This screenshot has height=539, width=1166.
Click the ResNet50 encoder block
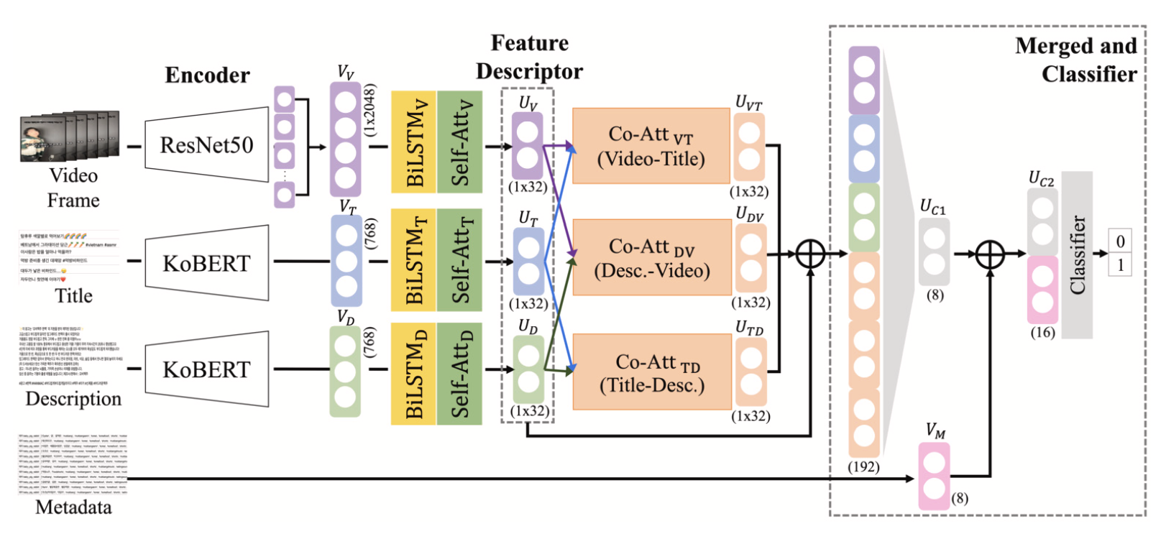tap(206, 145)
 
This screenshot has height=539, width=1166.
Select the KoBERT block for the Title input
tap(206, 263)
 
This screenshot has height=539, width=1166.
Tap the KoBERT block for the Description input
tap(206, 369)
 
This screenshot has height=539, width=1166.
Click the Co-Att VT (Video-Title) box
tap(651, 146)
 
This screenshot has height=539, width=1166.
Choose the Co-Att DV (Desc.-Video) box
tap(651, 258)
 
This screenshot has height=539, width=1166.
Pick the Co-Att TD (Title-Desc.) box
tap(651, 372)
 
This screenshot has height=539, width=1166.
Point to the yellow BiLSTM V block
tap(414, 142)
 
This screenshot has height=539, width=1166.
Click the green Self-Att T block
tap(459, 260)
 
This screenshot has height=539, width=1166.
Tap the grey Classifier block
tap(1077, 255)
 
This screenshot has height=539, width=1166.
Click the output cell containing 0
tap(1120, 241)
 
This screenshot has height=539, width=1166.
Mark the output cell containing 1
tap(1120, 265)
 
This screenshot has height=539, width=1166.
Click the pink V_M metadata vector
tap(934, 476)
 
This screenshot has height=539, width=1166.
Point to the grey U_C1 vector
tap(934, 252)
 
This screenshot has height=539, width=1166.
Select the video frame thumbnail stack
tap(70, 137)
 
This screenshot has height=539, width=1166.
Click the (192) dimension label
tap(863, 466)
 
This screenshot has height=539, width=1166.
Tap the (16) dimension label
tap(1042, 333)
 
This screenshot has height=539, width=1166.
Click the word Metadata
tap(73, 507)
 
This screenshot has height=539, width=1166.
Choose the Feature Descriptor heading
tap(530, 57)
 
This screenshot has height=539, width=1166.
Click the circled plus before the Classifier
tap(990, 254)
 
